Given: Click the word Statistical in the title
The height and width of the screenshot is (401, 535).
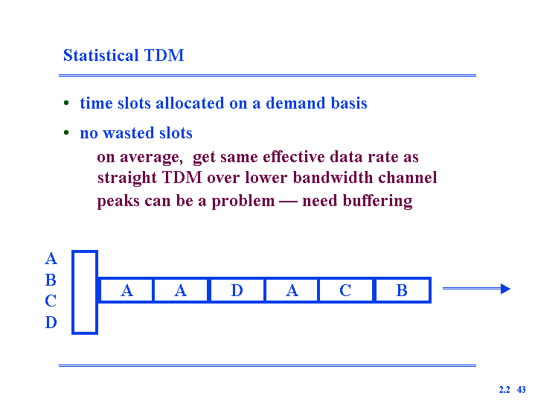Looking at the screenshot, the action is click(101, 55).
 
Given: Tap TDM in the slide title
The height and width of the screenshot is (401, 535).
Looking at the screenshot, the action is click(164, 55).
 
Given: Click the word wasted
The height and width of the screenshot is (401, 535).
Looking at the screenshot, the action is click(129, 133).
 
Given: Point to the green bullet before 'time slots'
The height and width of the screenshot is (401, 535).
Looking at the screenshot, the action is click(66, 103).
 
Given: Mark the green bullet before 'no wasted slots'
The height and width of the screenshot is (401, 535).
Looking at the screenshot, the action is click(66, 132).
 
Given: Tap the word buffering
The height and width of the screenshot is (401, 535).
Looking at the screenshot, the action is click(377, 201).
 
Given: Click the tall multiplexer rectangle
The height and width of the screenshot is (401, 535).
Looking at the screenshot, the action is click(85, 292).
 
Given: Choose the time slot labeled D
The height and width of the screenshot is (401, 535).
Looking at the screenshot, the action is click(237, 290).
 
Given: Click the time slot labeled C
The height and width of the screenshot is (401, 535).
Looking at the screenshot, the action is click(346, 290).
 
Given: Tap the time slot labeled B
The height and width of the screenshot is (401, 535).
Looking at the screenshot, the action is click(403, 290).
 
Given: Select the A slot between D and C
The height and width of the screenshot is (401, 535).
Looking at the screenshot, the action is click(292, 290).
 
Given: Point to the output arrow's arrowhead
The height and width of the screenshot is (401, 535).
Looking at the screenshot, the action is click(506, 289).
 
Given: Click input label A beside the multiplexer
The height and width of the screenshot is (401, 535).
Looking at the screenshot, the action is click(51, 259).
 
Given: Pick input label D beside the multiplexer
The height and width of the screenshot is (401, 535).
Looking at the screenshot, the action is click(51, 322).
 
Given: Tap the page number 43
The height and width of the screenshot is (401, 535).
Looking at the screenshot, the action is click(522, 389).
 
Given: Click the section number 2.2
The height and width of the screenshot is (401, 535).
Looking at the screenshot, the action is click(504, 389).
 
